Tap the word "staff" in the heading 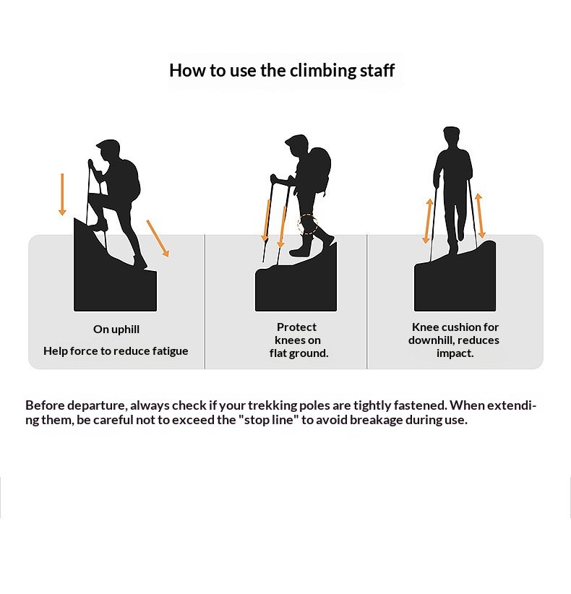(377, 70)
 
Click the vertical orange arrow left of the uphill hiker (62, 194)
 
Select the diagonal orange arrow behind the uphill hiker (158, 238)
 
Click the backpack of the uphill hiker (130, 181)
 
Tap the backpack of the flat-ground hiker (321, 170)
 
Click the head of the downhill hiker (451, 137)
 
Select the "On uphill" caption (116, 330)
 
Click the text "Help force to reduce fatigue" (116, 351)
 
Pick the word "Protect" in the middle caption (296, 327)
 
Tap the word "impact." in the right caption (455, 353)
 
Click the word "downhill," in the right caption (432, 340)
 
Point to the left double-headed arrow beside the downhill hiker (428, 221)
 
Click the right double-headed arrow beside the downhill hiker (480, 215)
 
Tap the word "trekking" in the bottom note (272, 405)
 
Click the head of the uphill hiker (108, 151)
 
